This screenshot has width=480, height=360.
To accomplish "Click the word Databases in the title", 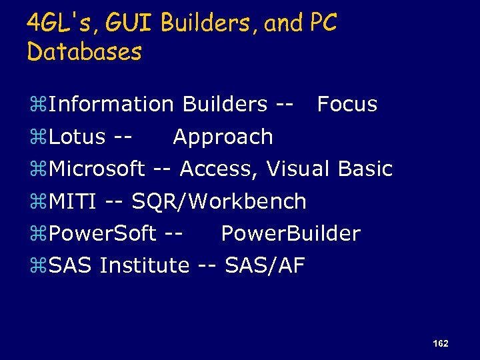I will click(85, 51).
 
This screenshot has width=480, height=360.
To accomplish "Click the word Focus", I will click(347, 104).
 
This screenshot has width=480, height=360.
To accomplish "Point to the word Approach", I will click(223, 137).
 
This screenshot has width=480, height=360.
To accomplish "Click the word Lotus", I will click(77, 137).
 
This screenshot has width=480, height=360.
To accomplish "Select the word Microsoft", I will click(97, 169).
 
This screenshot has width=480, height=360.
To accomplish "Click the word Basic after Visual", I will click(365, 169).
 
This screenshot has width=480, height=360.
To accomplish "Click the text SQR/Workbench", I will click(219, 201).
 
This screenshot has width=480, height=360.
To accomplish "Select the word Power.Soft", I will click(103, 233).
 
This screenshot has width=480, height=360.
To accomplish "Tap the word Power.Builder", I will click(290, 233).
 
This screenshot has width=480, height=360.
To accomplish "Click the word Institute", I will click(145, 265).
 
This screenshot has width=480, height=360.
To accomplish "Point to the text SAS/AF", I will click(265, 265).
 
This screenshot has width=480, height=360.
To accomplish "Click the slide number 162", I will click(440, 343).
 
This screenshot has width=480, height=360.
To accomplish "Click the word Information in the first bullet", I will click(111, 104).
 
